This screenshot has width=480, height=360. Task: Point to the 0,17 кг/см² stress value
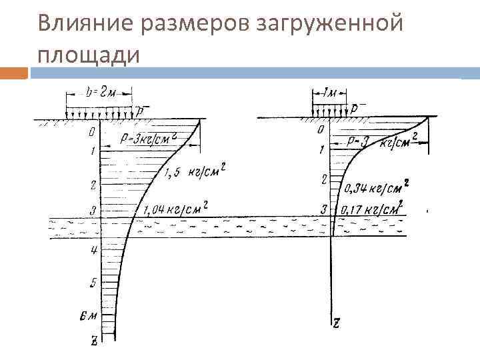click(x=371, y=209)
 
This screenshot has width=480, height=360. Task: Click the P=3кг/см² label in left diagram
click(x=149, y=139)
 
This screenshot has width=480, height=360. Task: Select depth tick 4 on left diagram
click(x=94, y=250)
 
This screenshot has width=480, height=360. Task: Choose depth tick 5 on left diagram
click(x=93, y=283)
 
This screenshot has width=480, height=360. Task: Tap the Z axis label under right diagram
click(x=337, y=323)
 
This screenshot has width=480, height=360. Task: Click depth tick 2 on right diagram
click(x=323, y=179)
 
